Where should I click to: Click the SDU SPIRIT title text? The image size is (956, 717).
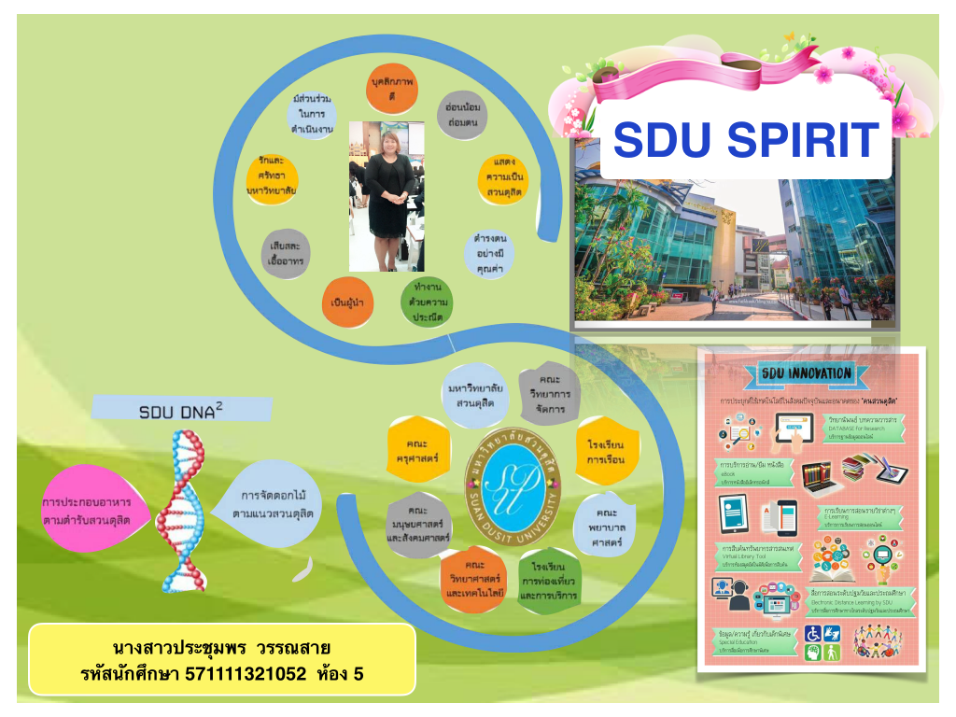(x=746, y=140)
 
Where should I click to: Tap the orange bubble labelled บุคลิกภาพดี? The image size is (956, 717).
(x=392, y=90)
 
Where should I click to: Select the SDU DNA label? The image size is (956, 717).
(x=181, y=411)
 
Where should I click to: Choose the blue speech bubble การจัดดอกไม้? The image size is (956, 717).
(x=269, y=503)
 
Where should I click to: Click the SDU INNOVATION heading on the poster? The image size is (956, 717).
(x=805, y=373)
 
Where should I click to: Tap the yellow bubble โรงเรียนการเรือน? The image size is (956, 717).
(x=605, y=452)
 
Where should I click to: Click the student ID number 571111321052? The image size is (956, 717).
(x=246, y=672)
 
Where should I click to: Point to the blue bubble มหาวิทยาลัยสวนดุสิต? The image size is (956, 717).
(x=476, y=396)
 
